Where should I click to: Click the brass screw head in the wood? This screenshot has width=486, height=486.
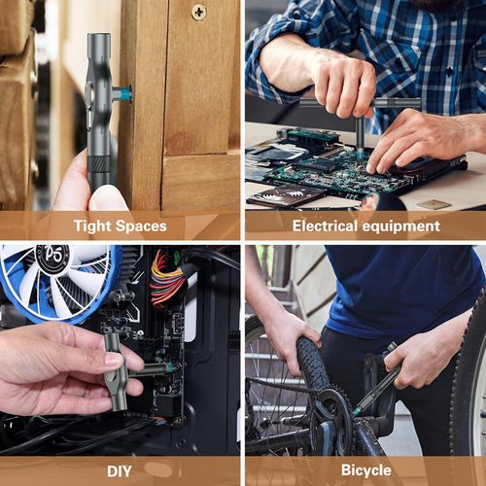pos(198,12)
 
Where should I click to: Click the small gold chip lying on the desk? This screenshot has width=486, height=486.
pos(434,204)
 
